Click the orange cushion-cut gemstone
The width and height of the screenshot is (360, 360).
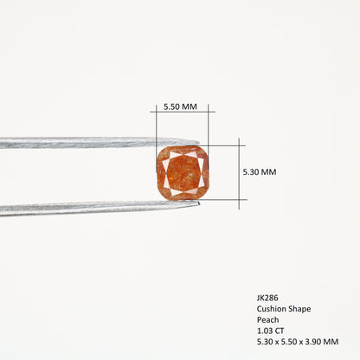(x=183, y=173)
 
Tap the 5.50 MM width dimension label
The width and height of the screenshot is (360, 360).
(x=180, y=106)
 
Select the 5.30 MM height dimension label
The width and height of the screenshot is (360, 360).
(x=260, y=172)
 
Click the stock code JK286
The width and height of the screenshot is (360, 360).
(x=267, y=298)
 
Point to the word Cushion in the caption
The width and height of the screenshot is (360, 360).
(x=271, y=309)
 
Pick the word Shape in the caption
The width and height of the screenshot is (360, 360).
(x=299, y=309)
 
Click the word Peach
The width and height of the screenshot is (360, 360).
(x=268, y=319)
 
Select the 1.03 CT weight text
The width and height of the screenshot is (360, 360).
(x=271, y=331)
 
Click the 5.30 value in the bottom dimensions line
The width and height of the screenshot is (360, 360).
(x=265, y=342)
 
